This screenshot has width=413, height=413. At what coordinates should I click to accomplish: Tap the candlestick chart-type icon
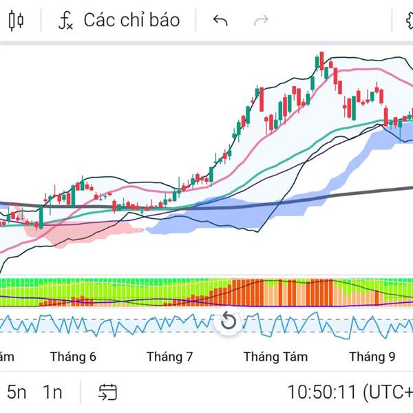click(x=16, y=21)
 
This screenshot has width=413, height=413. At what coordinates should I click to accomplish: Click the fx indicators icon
click(x=65, y=21)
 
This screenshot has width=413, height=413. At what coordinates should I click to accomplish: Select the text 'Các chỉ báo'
click(x=131, y=20)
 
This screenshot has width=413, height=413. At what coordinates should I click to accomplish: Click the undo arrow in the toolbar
click(x=220, y=21)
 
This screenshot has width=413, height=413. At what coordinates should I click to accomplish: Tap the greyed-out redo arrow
click(x=261, y=21)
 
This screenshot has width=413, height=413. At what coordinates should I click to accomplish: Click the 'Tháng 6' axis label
click(x=73, y=357)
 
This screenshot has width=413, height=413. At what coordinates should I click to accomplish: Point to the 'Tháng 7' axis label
click(x=169, y=357)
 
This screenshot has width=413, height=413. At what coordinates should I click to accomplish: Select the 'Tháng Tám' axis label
click(x=275, y=357)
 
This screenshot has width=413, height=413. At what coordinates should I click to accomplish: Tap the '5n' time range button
click(x=17, y=392)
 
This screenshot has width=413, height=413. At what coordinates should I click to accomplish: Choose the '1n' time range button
click(x=52, y=392)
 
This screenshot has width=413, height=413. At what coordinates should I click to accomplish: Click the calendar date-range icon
click(x=107, y=392)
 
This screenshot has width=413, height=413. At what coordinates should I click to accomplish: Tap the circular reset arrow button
click(x=229, y=321)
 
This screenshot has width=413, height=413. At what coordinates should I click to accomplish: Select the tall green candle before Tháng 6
click(x=41, y=215)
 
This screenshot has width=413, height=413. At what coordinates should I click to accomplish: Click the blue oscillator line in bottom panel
click(x=138, y=324)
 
